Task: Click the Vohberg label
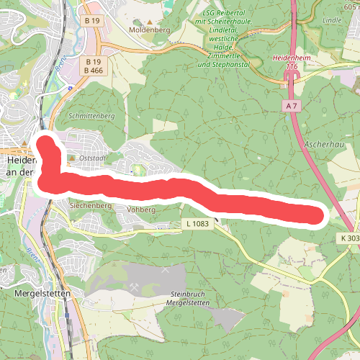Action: (x=141, y=209)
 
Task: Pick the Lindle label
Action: (x=333, y=20)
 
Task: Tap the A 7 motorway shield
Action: (x=290, y=106)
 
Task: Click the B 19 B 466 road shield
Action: (x=91, y=66)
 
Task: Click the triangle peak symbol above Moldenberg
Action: (x=150, y=21)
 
